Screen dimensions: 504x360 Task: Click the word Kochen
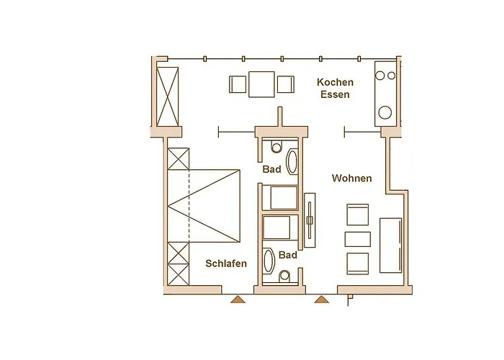pyautogui.click(x=335, y=82)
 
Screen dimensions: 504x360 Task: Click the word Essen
pyautogui.click(x=335, y=94)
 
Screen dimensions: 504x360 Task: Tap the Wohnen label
pyautogui.click(x=351, y=178)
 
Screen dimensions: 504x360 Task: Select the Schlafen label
pyautogui.click(x=226, y=264)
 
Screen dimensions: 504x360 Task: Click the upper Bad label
pyautogui.click(x=271, y=169)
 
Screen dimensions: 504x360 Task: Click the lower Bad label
pyautogui.click(x=288, y=255)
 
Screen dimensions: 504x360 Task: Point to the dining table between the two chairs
pyautogui.click(x=261, y=84)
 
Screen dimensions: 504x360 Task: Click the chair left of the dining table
pyautogui.click(x=238, y=84)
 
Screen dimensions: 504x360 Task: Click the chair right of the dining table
pyautogui.click(x=285, y=84)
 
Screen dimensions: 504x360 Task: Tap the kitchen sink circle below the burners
pyautogui.click(x=384, y=112)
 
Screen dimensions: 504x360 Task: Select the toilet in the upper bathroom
pyautogui.click(x=276, y=147)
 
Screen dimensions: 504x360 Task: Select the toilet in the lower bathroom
pyautogui.click(x=284, y=276)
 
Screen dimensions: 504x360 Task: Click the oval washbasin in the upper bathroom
pyautogui.click(x=292, y=161)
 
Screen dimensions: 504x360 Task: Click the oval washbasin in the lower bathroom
pyautogui.click(x=269, y=261)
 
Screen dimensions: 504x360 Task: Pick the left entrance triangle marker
pyautogui.click(x=238, y=300)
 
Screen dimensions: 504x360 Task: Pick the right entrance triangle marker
pyautogui.click(x=322, y=300)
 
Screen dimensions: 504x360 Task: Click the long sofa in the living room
pyautogui.click(x=390, y=246)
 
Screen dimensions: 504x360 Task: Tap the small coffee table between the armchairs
pyautogui.click(x=357, y=239)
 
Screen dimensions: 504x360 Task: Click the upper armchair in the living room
pyautogui.click(x=357, y=215)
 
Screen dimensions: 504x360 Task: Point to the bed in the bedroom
pyautogui.click(x=204, y=206)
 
